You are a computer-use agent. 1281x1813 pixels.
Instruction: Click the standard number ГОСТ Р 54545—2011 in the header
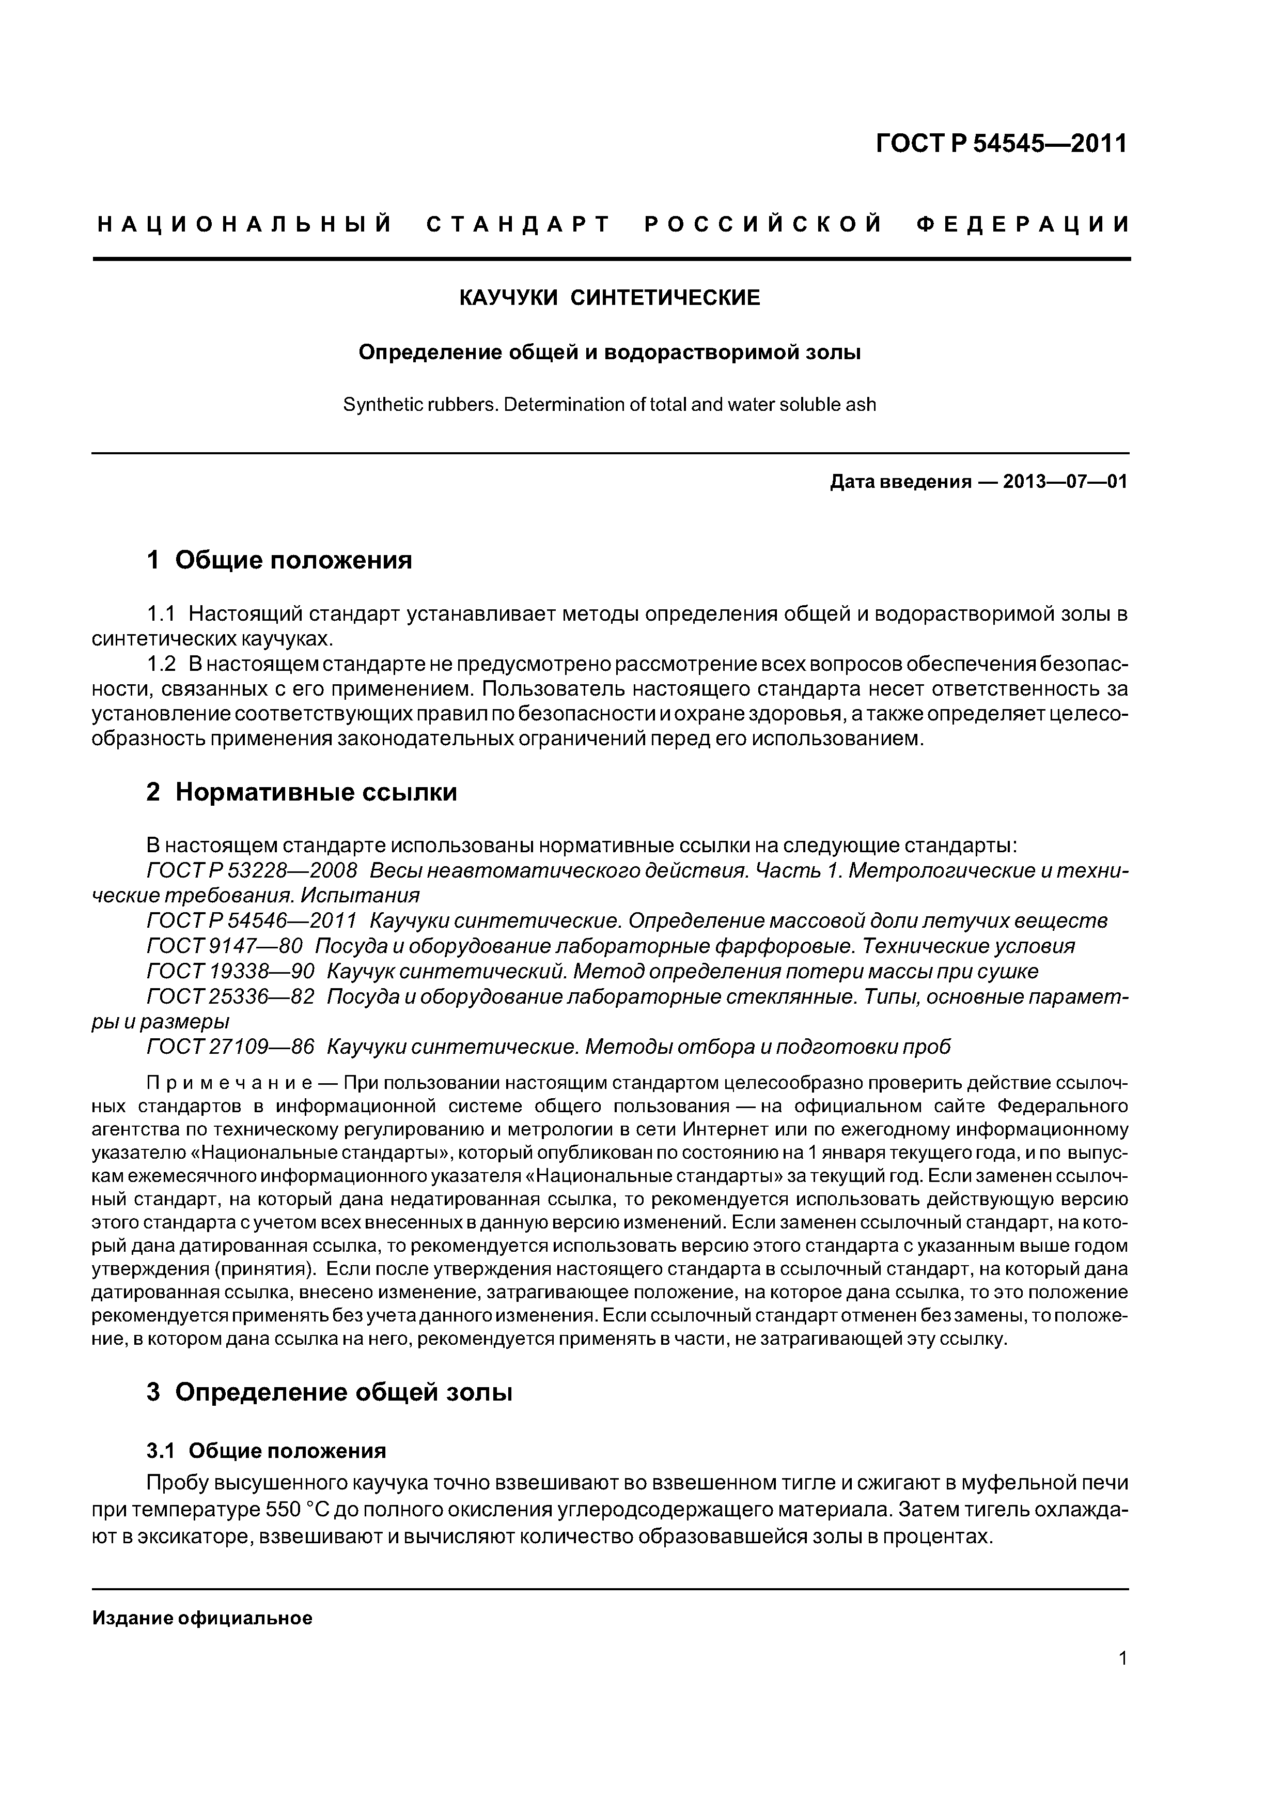tap(1001, 144)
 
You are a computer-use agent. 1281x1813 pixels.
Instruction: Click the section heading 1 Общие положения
tap(279, 561)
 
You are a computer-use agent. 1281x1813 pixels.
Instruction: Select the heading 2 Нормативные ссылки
tap(302, 792)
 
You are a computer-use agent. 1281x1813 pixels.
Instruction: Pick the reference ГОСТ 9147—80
tap(225, 946)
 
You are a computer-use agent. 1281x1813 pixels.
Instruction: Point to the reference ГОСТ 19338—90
tap(230, 971)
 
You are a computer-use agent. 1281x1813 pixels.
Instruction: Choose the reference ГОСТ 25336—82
tap(230, 996)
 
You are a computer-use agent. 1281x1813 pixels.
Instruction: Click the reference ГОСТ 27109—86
tap(230, 1047)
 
